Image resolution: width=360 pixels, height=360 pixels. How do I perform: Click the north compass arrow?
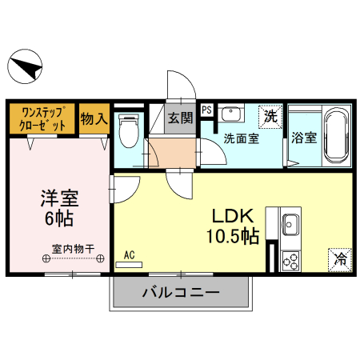[26, 65]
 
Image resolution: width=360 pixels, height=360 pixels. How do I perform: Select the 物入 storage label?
[94, 119]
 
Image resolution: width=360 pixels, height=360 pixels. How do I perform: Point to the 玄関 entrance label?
[181, 118]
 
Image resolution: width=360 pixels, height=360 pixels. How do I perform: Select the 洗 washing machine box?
[271, 115]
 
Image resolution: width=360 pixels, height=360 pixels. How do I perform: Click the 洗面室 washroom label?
[241, 138]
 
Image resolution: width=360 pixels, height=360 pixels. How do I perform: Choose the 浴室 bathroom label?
[304, 138]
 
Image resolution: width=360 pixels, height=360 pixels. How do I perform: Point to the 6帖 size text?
[59, 218]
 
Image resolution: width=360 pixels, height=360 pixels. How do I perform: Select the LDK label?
[232, 216]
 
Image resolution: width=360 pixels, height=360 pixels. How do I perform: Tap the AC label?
[130, 256]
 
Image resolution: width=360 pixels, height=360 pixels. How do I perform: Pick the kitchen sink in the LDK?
[290, 225]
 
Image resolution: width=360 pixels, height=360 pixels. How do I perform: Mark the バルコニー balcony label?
[181, 293]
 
